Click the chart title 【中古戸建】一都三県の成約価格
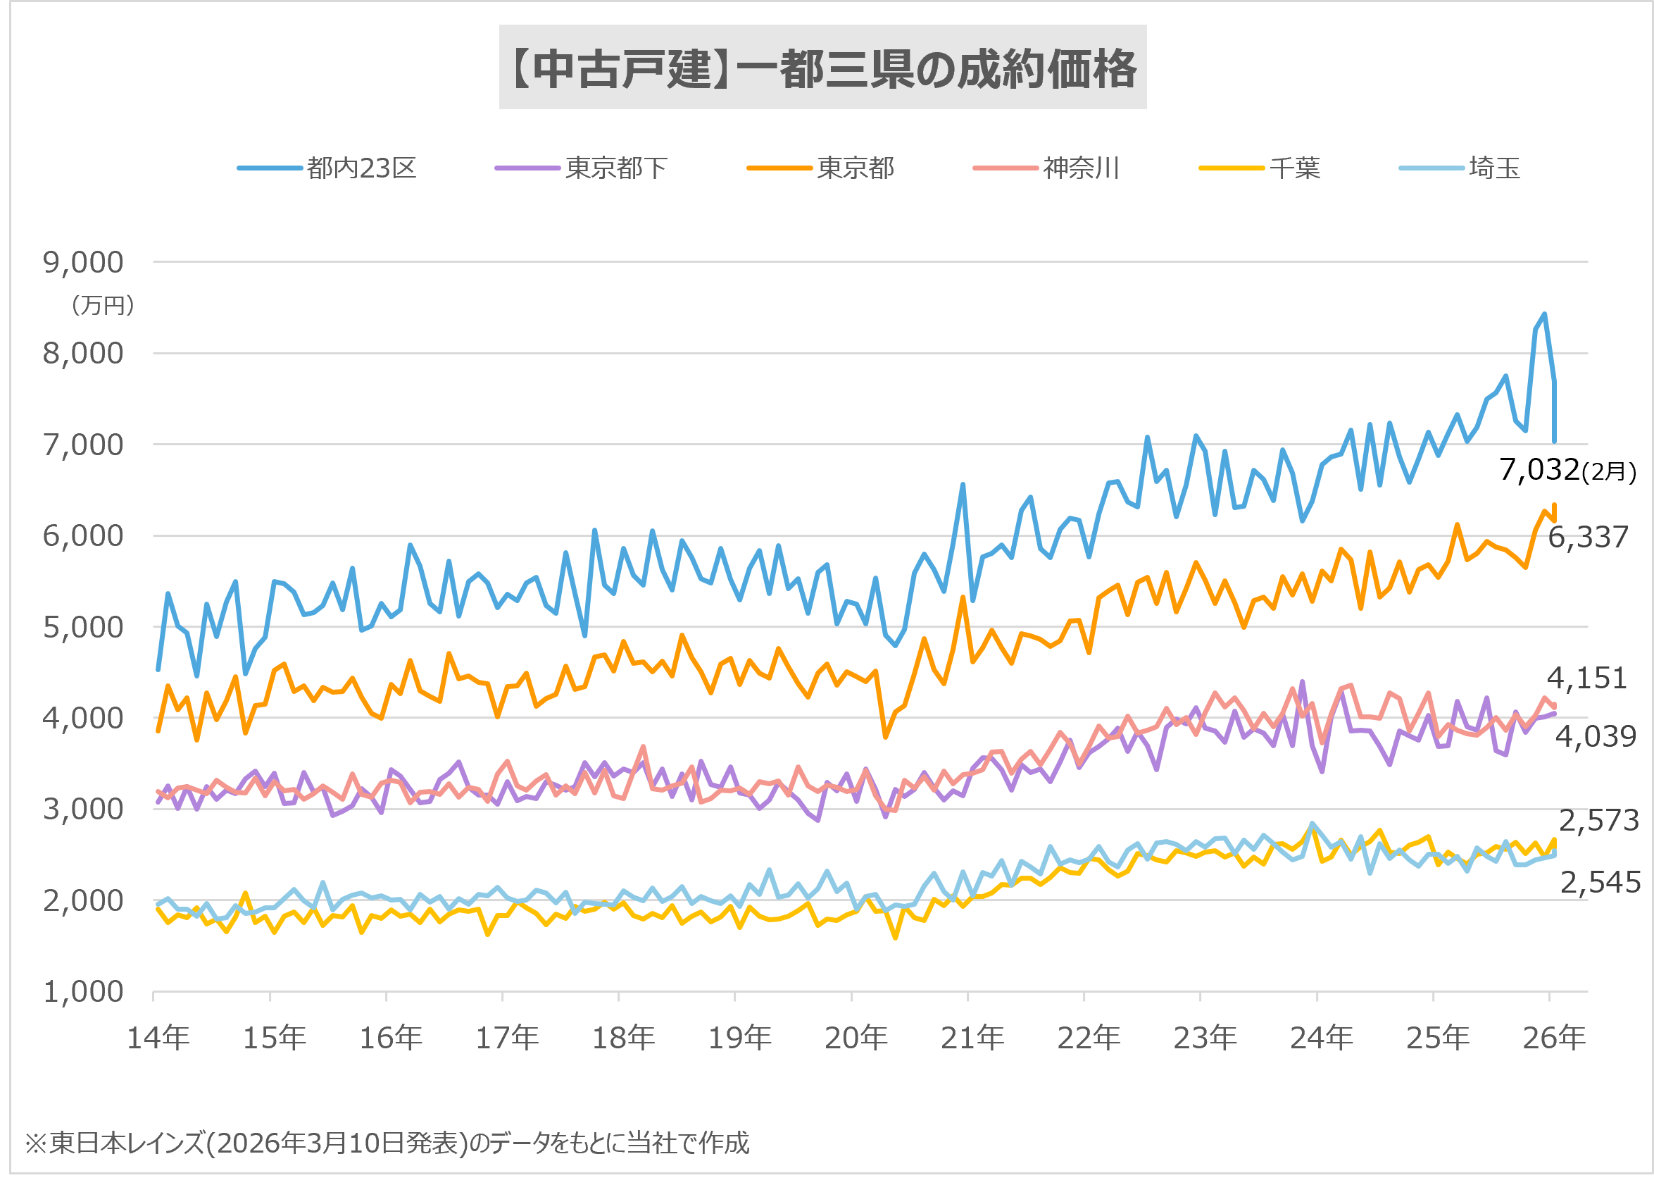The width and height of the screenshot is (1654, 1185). click(x=822, y=68)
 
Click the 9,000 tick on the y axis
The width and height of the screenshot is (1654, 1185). click(x=83, y=262)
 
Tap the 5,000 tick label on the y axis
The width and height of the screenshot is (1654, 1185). click(x=83, y=627)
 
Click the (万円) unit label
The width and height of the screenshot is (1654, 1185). click(x=103, y=305)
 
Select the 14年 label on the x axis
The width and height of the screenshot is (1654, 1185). click(x=158, y=1038)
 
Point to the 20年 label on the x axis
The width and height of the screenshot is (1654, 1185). click(x=856, y=1038)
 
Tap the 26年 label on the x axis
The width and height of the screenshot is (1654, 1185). click(x=1554, y=1038)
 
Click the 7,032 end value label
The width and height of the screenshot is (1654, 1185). click(x=1539, y=469)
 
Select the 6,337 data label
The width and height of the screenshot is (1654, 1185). click(x=1588, y=537)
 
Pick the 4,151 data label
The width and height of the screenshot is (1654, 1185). click(x=1586, y=678)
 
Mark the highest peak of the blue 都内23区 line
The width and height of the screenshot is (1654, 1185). click(x=1545, y=314)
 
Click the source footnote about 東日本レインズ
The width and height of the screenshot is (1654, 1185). click(x=387, y=1143)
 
